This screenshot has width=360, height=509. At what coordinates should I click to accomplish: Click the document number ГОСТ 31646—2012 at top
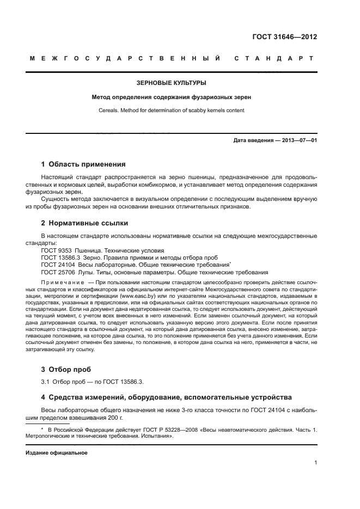(285, 37)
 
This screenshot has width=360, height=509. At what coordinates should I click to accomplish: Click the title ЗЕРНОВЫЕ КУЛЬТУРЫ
(171, 83)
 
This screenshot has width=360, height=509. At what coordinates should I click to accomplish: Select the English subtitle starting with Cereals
(171, 110)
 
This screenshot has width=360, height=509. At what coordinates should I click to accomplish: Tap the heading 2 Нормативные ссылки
(85, 223)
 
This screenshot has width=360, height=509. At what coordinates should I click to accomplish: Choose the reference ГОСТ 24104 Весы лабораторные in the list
(136, 265)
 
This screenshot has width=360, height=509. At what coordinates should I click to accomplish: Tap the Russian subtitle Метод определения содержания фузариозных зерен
(171, 97)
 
